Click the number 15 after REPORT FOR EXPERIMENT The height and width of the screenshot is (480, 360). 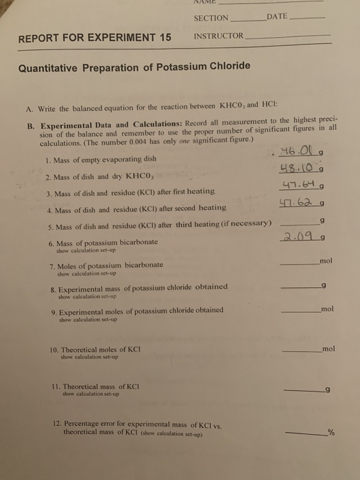165,38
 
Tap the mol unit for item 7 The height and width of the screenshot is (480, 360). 326,261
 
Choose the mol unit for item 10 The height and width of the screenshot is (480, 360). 327,348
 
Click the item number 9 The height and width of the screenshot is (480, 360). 53,310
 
